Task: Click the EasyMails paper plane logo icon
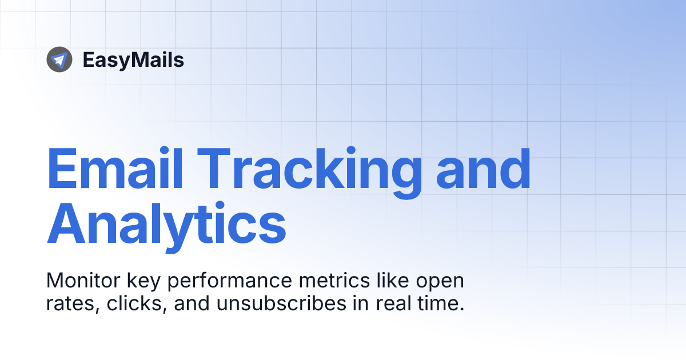click(x=59, y=59)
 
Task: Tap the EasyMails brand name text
click(x=133, y=59)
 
